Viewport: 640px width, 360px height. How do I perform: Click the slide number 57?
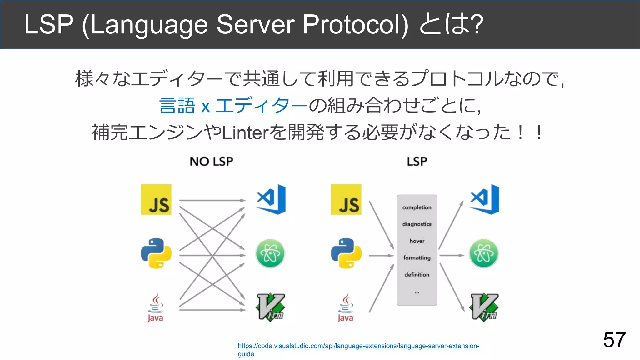(x=614, y=340)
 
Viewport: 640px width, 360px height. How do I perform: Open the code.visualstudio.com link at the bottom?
(x=358, y=346)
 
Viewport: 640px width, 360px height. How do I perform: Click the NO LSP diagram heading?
(x=211, y=162)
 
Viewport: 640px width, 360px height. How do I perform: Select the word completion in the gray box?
(x=417, y=207)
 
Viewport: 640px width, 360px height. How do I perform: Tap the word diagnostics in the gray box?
(x=417, y=224)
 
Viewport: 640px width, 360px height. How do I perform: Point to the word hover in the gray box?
(x=417, y=241)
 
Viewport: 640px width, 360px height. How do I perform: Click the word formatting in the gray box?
(x=417, y=258)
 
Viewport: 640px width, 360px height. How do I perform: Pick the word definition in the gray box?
(x=417, y=275)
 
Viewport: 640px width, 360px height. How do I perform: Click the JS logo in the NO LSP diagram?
(x=156, y=199)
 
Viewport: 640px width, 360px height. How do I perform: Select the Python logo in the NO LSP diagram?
(x=156, y=253)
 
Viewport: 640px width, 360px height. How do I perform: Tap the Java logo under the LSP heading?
(x=346, y=307)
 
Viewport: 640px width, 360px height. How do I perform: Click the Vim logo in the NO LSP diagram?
(x=271, y=307)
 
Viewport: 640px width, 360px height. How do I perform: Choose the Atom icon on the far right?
(x=484, y=253)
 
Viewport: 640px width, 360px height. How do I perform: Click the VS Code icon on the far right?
(x=485, y=199)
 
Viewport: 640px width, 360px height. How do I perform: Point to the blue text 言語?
(x=177, y=106)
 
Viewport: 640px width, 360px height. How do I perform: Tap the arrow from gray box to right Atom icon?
(x=452, y=255)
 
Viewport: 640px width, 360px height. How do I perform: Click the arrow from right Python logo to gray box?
(x=381, y=256)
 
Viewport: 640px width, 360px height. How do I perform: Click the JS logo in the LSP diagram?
(x=346, y=199)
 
